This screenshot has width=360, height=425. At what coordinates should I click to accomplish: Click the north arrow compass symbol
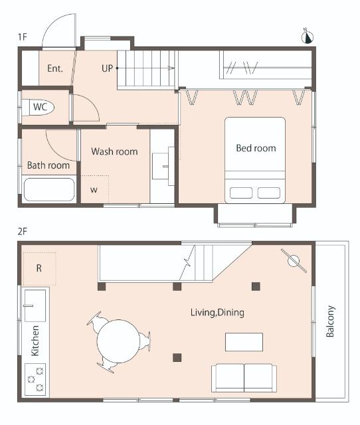click(308, 37)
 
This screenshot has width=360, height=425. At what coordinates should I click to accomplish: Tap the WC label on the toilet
click(40, 107)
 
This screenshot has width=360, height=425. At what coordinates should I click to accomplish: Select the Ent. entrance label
click(55, 68)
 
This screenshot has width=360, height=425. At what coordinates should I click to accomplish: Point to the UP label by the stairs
click(107, 68)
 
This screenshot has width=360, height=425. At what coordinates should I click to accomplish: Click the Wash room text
click(114, 151)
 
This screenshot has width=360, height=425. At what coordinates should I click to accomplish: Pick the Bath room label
click(48, 165)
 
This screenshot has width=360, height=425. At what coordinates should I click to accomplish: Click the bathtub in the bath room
click(49, 189)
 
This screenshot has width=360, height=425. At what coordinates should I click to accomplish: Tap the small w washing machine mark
click(94, 189)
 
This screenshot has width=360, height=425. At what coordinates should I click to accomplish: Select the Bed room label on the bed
click(256, 148)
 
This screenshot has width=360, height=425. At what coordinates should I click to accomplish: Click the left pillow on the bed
click(241, 193)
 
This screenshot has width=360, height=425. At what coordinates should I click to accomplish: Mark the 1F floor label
click(23, 37)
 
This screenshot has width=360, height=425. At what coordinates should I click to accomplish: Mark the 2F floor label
click(23, 232)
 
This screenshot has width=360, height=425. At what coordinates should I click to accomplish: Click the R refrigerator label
click(39, 268)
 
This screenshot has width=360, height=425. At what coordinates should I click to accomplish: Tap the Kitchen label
click(35, 341)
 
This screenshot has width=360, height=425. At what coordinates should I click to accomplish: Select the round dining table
click(118, 341)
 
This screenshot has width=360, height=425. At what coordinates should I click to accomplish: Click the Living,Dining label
click(217, 313)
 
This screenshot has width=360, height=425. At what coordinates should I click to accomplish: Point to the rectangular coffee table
click(244, 342)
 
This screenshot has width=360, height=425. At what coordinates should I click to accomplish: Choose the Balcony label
click(330, 321)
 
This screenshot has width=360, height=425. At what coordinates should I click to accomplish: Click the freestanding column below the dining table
click(177, 357)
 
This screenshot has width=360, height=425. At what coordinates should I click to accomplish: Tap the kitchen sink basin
click(35, 305)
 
